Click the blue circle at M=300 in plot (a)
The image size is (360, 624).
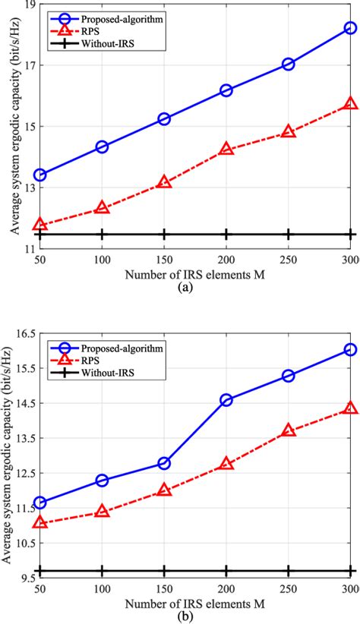350,28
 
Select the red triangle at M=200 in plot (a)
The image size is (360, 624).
226,150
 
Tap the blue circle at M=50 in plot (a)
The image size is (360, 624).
39,175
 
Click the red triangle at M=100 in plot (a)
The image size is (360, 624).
102,208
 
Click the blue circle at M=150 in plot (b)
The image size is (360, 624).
163,463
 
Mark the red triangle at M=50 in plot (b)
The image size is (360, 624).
39,522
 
